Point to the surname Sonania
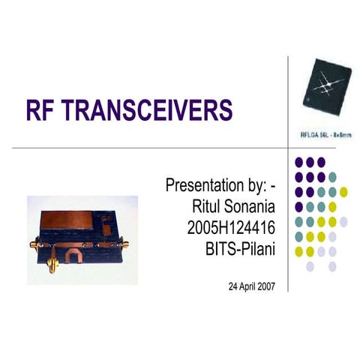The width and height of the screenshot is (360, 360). (x=250, y=205)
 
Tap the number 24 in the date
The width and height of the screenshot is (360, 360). (x=232, y=286)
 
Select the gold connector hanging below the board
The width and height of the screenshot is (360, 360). (x=54, y=265)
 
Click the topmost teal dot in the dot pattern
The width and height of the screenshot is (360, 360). (x=332, y=177)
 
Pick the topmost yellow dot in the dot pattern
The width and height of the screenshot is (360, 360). (x=343, y=192)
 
